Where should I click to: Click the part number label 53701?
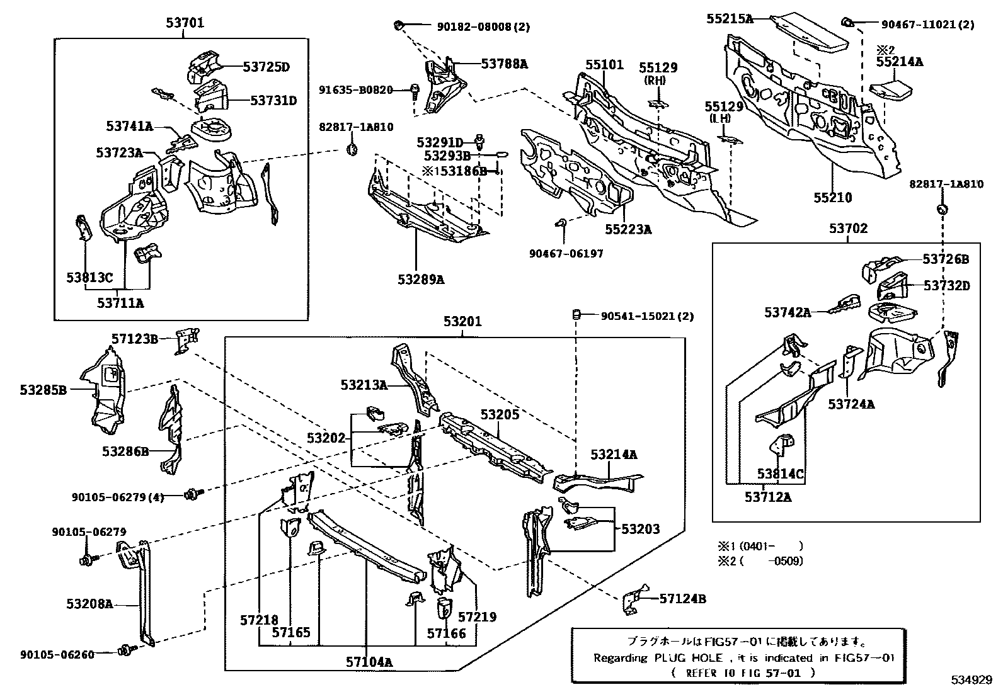[185, 24]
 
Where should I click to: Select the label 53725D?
[267, 67]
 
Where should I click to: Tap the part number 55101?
[604, 65]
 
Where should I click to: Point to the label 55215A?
[730, 19]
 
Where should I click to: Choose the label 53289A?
[420, 279]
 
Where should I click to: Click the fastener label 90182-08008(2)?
[483, 26]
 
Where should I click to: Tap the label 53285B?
[43, 390]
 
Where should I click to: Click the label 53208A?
[89, 604]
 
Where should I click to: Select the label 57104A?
[369, 662]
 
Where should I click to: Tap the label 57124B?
[682, 599]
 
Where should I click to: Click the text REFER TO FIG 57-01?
[743, 672]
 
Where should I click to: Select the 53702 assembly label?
[847, 229]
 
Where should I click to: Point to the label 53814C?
[781, 474]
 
